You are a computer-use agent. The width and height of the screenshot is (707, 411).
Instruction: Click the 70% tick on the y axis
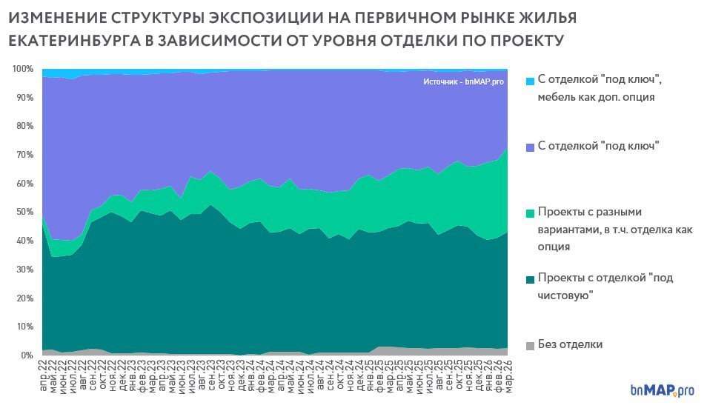pyautogui.click(x=24, y=155)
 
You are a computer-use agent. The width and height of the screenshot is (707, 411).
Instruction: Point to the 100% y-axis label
pyautogui.click(x=22, y=69)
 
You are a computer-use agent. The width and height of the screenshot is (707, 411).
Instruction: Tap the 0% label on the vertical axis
pyautogui.click(x=27, y=355)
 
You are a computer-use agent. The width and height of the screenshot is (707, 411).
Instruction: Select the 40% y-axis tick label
pyautogui.click(x=24, y=241)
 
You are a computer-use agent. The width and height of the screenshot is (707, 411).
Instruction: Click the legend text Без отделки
pyautogui.click(x=571, y=344)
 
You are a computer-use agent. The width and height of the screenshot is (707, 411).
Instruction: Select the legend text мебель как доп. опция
pyautogui.click(x=597, y=97)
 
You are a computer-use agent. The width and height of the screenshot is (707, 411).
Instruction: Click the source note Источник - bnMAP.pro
pyautogui.click(x=463, y=82)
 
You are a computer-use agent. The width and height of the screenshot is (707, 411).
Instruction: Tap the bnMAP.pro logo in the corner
pyautogui.click(x=661, y=390)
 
